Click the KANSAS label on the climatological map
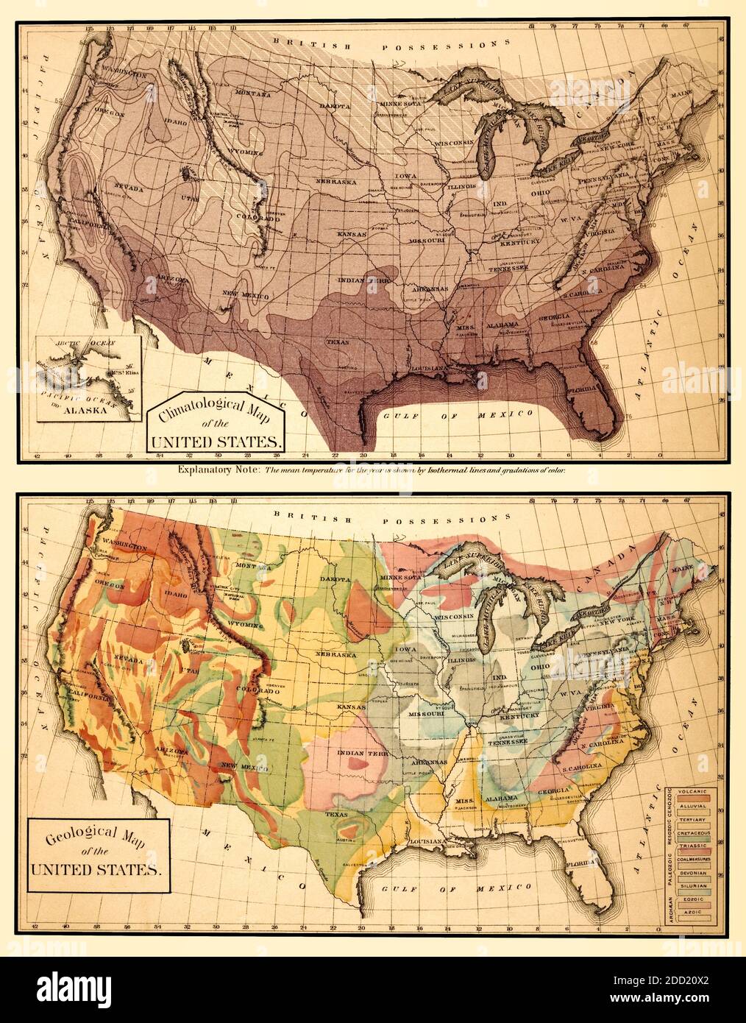coord(352,233)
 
